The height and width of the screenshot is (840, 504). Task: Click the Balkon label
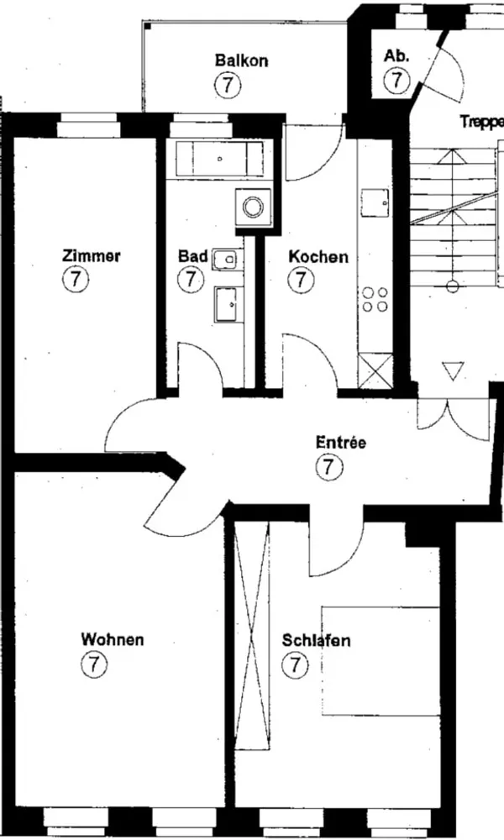[241, 60]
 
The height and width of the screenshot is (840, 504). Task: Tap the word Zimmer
[91, 255]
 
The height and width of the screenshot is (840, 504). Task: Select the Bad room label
[193, 256]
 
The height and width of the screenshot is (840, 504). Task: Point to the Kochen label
[318, 256]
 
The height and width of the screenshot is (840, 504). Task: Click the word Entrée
[341, 443]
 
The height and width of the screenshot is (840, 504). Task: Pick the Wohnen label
[113, 639]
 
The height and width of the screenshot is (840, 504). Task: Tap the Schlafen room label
[316, 640]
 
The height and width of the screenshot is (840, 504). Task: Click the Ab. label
[396, 55]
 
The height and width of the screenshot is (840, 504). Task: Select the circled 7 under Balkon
[228, 85]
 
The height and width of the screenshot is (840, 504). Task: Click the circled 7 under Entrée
[328, 466]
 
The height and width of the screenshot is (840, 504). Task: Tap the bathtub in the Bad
[219, 159]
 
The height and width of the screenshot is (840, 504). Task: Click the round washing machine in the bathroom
[253, 207]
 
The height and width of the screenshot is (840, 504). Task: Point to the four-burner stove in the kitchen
[375, 299]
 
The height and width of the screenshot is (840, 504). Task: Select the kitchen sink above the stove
[375, 203]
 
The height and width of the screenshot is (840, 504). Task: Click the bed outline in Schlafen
[381, 661]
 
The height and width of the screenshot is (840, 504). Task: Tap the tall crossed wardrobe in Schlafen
[252, 636]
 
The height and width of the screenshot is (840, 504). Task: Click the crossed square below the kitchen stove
[375, 370]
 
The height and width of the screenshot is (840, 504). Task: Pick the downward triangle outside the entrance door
[453, 370]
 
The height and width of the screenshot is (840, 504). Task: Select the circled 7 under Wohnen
[94, 664]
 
